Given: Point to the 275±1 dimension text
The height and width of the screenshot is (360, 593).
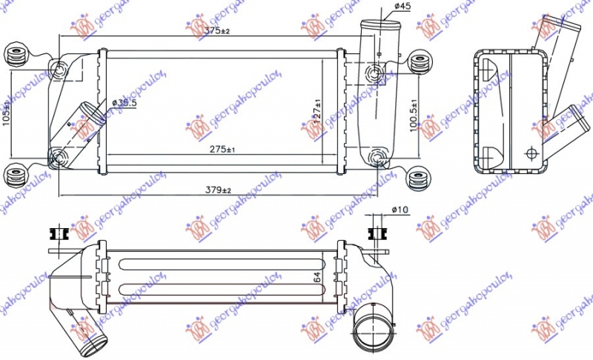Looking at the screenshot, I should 222,150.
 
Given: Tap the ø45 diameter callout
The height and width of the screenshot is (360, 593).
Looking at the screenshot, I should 402,7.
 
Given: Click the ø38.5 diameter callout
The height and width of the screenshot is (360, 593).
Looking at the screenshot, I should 125,103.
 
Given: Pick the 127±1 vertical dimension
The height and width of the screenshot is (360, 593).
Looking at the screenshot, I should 317,110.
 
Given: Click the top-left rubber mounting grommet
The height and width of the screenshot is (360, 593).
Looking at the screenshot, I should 15,55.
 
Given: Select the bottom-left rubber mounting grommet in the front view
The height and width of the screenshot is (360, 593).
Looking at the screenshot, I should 15,177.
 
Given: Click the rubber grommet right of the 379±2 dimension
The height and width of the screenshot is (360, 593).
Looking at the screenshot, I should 419,179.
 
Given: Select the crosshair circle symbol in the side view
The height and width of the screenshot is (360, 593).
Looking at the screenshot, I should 531,153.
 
